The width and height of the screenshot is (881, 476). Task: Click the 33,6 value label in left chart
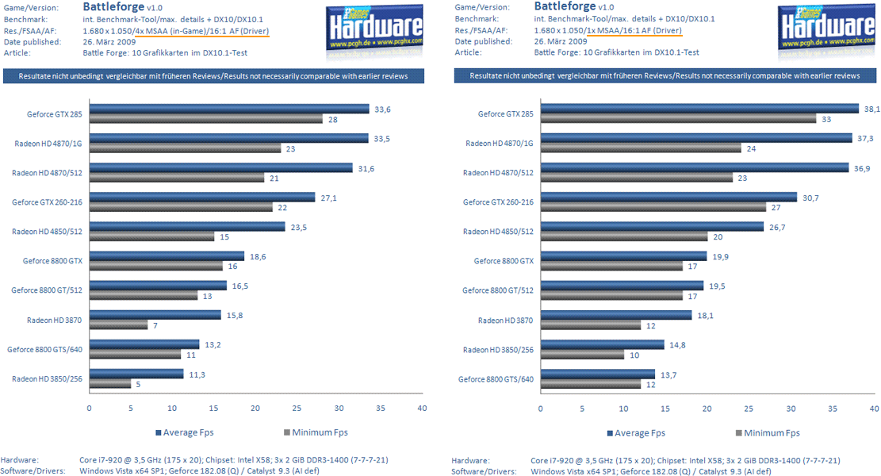tap(382, 109)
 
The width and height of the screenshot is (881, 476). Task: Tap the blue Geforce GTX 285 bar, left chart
tap(229, 109)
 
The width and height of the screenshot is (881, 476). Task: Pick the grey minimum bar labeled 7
tap(118, 324)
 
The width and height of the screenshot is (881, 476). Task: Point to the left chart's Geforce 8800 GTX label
tap(52, 260)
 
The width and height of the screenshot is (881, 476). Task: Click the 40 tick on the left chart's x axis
tap(422, 408)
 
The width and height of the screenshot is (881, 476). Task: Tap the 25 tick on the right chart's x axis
tap(749, 408)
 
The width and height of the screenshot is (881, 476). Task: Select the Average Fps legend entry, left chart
tap(184, 432)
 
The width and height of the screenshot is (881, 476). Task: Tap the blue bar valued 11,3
tap(136, 374)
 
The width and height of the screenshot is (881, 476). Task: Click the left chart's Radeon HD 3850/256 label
tap(47, 378)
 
